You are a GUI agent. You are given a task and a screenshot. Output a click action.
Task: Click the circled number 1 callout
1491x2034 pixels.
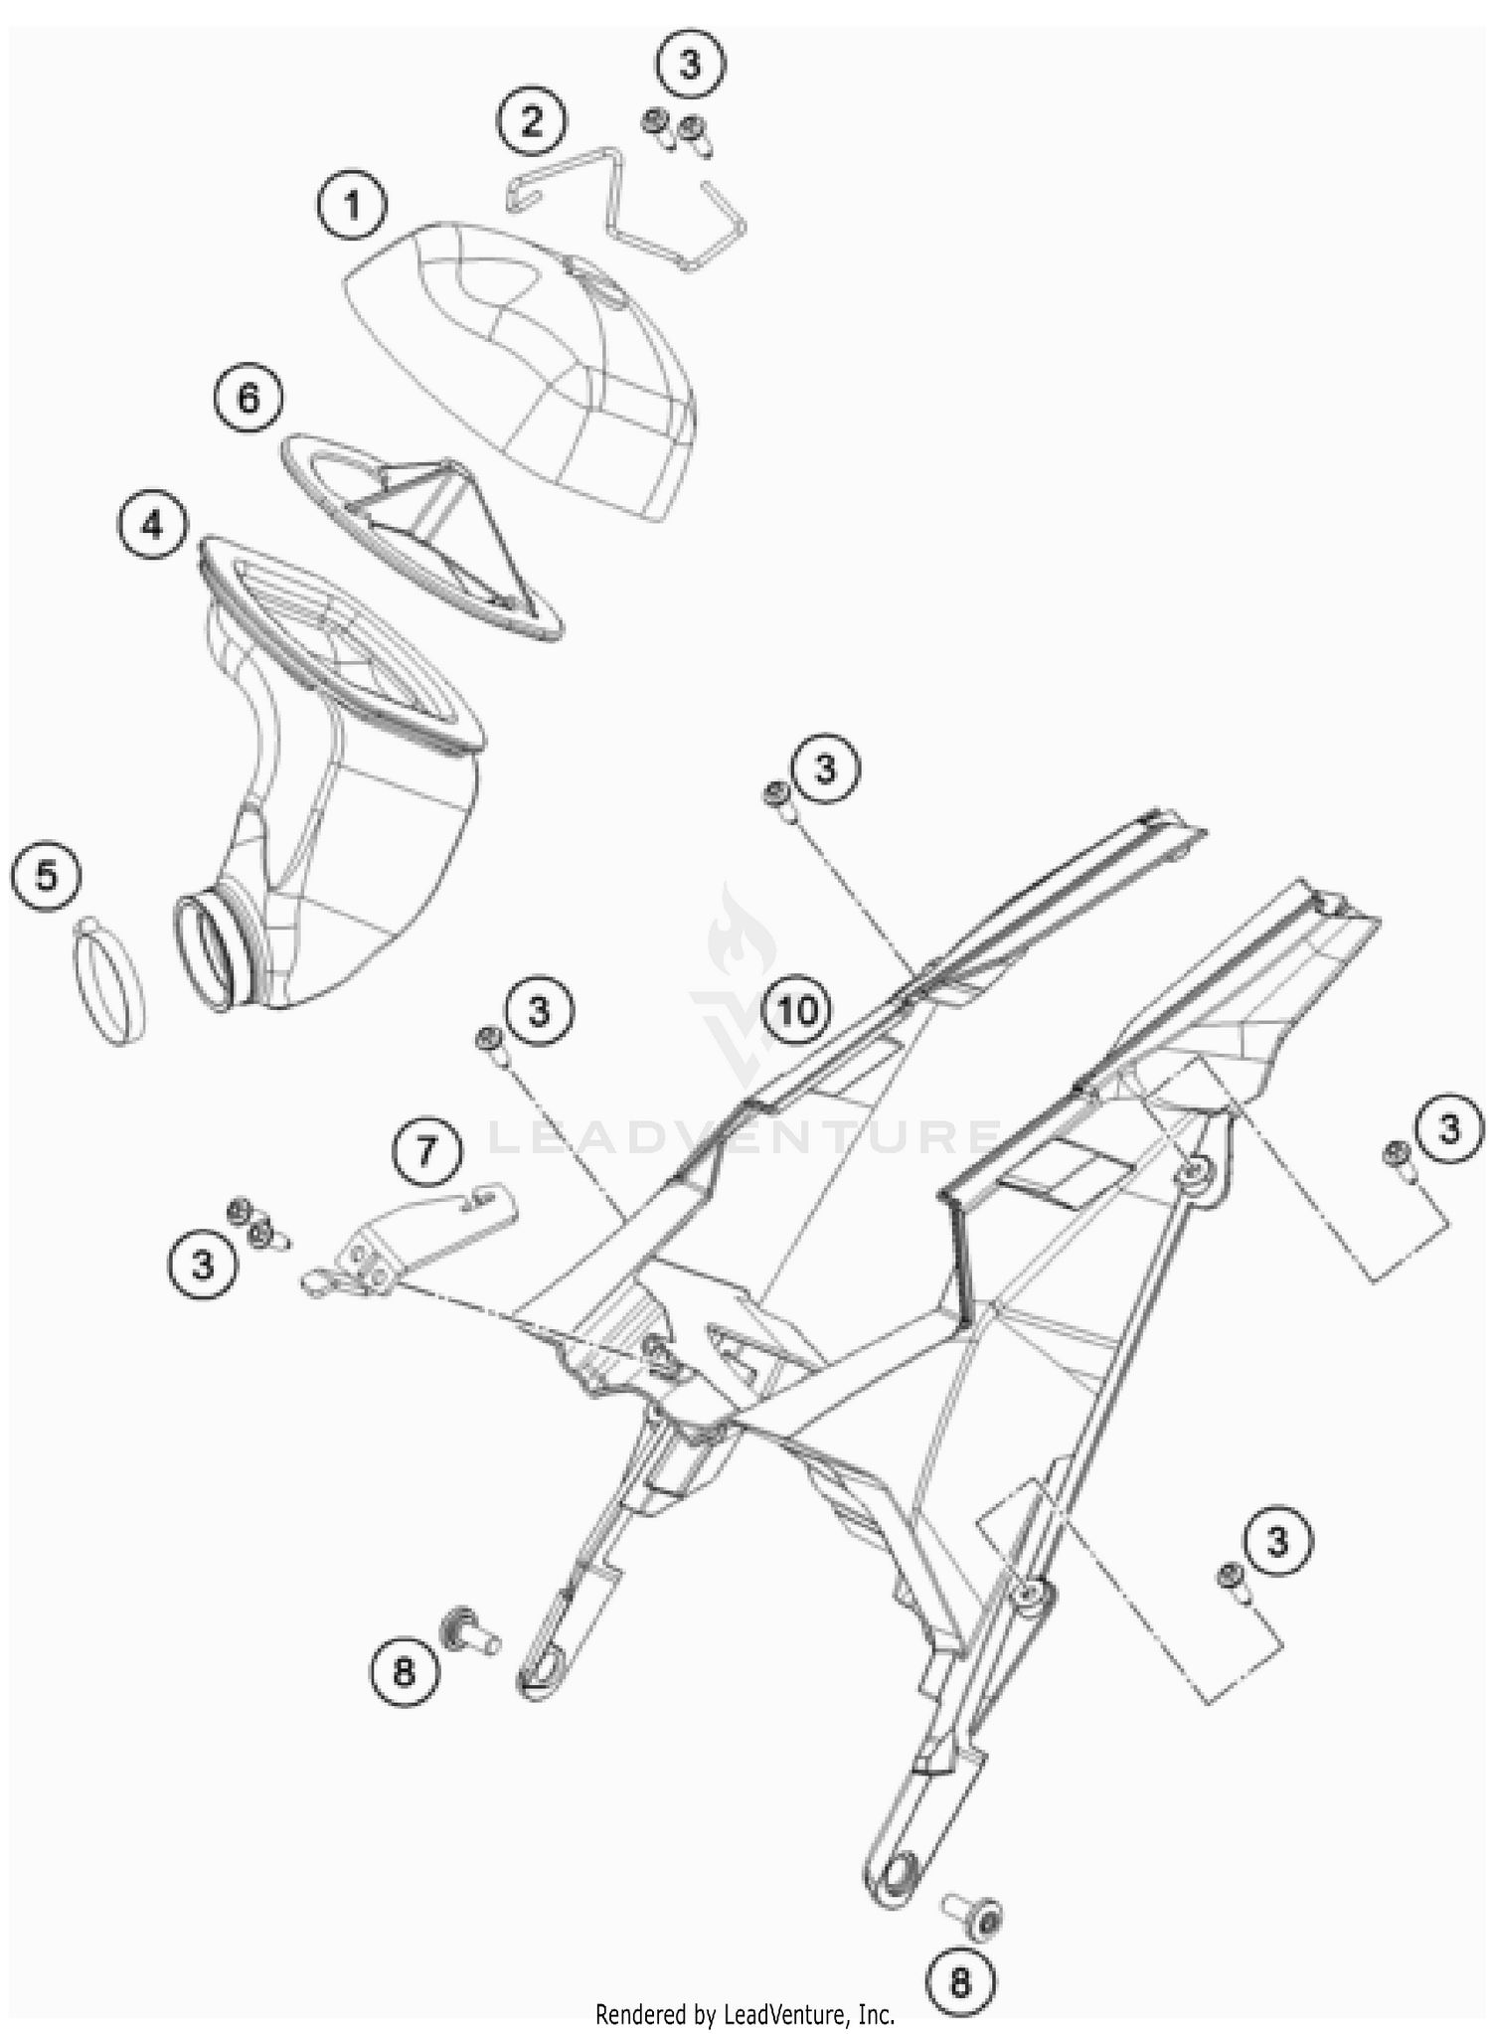click(x=352, y=206)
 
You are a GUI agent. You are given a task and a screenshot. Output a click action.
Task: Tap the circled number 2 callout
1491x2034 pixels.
click(x=532, y=122)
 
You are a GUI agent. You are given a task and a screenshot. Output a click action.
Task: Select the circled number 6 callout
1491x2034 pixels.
click(x=248, y=398)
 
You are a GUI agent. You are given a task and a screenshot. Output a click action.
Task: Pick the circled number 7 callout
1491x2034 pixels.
click(x=425, y=1151)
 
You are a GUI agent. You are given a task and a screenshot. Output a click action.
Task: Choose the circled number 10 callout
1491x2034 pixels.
click(x=797, y=1010)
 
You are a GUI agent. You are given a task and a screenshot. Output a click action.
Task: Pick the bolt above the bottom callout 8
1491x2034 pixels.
click(x=972, y=1911)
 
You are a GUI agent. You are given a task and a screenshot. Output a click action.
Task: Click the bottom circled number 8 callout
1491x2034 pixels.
click(x=959, y=1983)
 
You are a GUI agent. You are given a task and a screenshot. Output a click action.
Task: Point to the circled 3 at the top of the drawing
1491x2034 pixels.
click(x=690, y=64)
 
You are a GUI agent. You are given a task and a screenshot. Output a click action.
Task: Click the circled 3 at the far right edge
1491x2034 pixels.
click(x=1448, y=1129)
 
